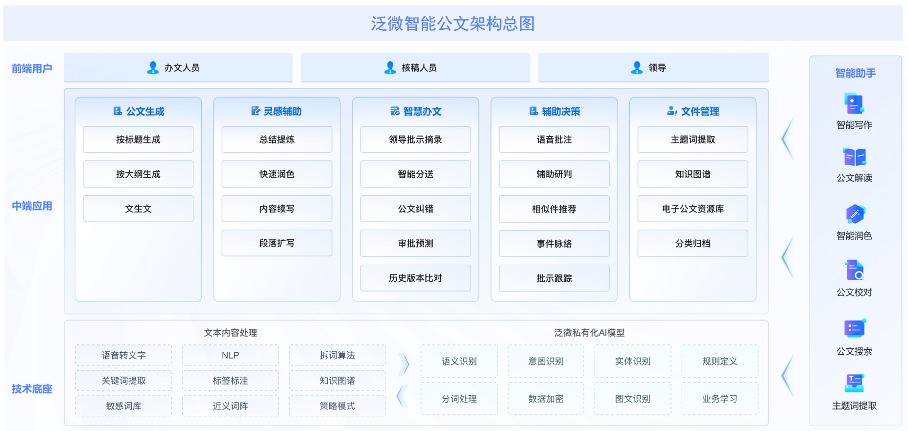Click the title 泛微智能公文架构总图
pyautogui.click(x=453, y=23)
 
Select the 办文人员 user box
pyautogui.click(x=178, y=68)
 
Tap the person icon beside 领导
pyautogui.click(x=637, y=68)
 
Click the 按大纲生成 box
pyautogui.click(x=138, y=174)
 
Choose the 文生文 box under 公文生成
pyautogui.click(x=138, y=209)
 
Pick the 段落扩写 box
pyautogui.click(x=277, y=243)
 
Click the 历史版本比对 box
pyautogui.click(x=415, y=278)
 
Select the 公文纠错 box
pyautogui.click(x=415, y=209)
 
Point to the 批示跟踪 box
pyautogui.click(x=554, y=278)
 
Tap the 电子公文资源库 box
pyautogui.click(x=693, y=209)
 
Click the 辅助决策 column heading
pyautogui.click(x=554, y=112)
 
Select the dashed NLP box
pyautogui.click(x=230, y=355)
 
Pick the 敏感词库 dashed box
pyautogui.click(x=123, y=406)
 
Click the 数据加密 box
pyautogui.click(x=546, y=399)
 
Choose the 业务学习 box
pyautogui.click(x=719, y=399)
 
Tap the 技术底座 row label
pyautogui.click(x=32, y=389)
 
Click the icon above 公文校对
pyautogui.click(x=854, y=270)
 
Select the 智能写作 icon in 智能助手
pyautogui.click(x=854, y=103)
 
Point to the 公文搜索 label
pyautogui.click(x=854, y=351)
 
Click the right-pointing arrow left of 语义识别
pyautogui.click(x=404, y=364)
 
